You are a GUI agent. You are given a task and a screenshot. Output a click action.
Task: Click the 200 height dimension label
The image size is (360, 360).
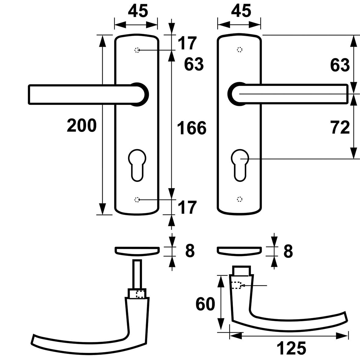pyautogui.click(x=82, y=126)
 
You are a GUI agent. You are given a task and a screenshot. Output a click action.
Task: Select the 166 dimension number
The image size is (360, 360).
pyautogui.click(x=192, y=128)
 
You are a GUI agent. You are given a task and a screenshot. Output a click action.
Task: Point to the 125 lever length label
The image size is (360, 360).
pyautogui.click(x=291, y=348)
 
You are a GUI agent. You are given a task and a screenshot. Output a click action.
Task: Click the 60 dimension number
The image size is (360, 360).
pyautogui.click(x=205, y=304)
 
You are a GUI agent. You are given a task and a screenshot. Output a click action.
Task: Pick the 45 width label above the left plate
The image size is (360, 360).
pyautogui.click(x=138, y=11)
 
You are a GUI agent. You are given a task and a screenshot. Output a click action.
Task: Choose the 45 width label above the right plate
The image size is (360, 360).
pyautogui.click(x=241, y=11)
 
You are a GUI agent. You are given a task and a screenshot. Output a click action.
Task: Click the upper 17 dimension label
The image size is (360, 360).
pyautogui.click(x=187, y=43)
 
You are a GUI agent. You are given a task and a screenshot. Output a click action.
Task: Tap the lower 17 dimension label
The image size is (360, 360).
pyautogui.click(x=187, y=208)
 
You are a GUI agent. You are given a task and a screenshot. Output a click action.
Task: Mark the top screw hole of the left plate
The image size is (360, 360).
pyautogui.click(x=137, y=50)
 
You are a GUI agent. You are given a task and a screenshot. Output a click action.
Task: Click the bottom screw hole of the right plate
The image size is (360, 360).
pyautogui.click(x=240, y=199)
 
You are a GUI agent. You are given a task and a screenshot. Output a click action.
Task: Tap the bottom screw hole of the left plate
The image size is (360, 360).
pyautogui.click(x=137, y=199)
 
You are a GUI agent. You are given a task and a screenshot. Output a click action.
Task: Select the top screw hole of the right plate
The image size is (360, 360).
pyautogui.click(x=240, y=50)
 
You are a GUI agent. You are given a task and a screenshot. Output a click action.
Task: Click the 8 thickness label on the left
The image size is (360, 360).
pyautogui.click(x=189, y=251)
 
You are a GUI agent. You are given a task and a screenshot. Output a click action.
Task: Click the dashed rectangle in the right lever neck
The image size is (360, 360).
pyautogui.click(x=236, y=285)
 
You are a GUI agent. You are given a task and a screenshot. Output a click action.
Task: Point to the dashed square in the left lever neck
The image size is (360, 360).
pyautogui.click(x=140, y=294)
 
